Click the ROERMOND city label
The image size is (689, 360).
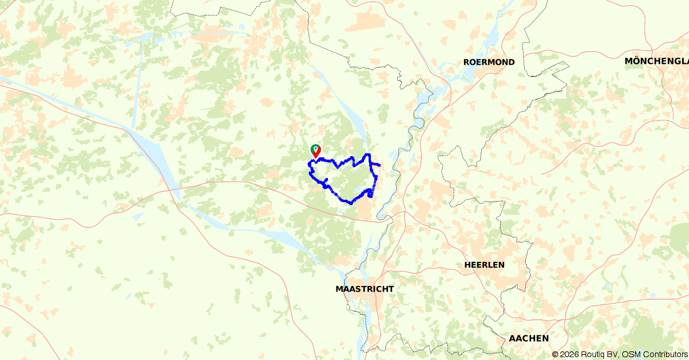(x=489, y=62)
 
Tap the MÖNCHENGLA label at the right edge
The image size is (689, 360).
(x=656, y=61)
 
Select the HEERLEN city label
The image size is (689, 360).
(x=484, y=265)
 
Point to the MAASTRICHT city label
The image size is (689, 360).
(x=365, y=289)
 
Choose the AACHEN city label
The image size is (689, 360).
(x=528, y=338)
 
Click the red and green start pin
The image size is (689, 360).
(x=315, y=151)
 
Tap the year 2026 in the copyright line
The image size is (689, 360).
(x=570, y=354)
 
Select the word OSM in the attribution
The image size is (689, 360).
(x=630, y=354)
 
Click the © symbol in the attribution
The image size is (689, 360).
(x=555, y=354)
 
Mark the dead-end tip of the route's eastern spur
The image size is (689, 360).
(x=380, y=166)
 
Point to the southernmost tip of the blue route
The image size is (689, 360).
(x=351, y=203)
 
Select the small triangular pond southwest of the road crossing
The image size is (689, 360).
(x=137, y=216)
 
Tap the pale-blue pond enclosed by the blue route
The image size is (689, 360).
(x=361, y=190)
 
